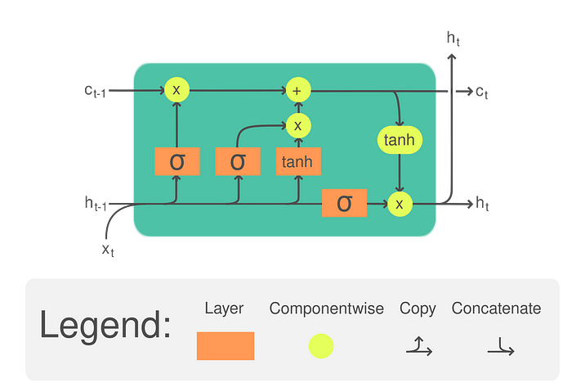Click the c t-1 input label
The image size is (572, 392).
tap(95, 92)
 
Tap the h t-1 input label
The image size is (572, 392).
tap(96, 204)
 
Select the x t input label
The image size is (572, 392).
tap(108, 250)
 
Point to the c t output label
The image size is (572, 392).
tap(482, 92)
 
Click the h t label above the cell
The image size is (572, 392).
tap(453, 38)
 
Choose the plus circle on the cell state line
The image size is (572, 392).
tap(298, 90)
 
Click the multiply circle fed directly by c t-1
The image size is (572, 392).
tap(177, 89)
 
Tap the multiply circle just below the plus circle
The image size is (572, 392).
tap(298, 126)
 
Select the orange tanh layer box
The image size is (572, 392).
tap(298, 161)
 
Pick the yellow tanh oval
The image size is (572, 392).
tap(400, 140)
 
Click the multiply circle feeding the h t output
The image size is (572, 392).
tap(400, 204)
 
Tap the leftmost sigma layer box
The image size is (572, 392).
tap(177, 161)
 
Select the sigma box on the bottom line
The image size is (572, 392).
tap(344, 203)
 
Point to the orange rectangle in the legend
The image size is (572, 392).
tap(226, 346)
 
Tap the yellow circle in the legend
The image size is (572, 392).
tap(321, 346)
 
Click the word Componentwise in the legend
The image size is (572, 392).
tap(327, 309)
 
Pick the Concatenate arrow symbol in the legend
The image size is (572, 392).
tap(501, 347)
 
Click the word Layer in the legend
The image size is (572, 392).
tap(224, 309)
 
